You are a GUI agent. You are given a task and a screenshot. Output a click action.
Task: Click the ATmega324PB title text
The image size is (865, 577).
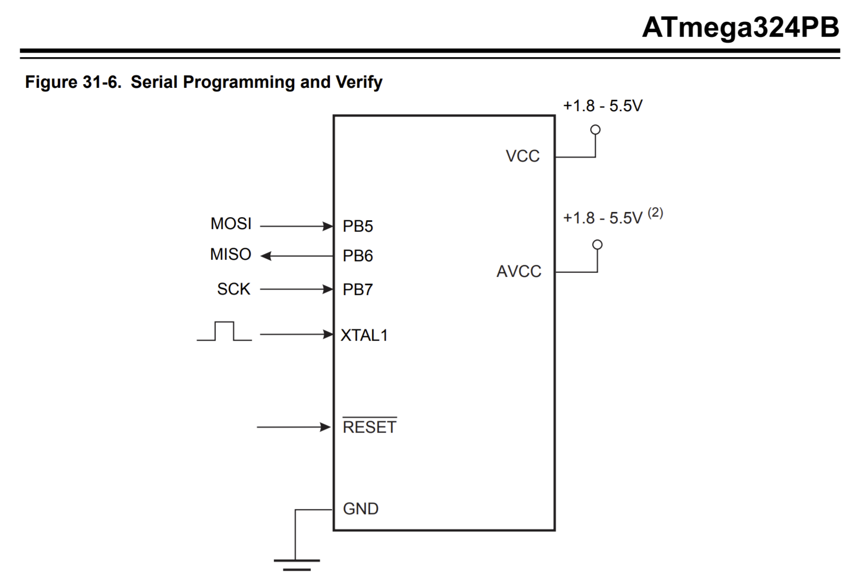click(740, 27)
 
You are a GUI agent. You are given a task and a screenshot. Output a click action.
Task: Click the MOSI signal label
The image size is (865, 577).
click(231, 224)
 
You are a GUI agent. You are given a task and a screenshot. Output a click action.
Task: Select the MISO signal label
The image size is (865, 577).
click(231, 254)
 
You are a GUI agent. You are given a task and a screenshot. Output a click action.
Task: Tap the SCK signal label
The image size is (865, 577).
click(233, 289)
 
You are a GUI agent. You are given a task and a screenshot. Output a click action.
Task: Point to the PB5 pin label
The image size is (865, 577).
click(357, 226)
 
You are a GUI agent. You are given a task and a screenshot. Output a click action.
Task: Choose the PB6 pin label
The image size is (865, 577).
click(357, 256)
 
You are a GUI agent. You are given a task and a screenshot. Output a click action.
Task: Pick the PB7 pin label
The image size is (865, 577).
click(357, 290)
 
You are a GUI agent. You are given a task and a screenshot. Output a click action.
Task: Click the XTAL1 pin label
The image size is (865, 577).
click(364, 336)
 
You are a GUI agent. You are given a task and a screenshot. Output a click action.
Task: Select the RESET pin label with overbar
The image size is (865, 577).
click(369, 427)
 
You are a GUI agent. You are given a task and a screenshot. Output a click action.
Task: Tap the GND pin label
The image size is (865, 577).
click(361, 509)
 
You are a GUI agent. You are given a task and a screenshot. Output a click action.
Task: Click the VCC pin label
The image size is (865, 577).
click(522, 156)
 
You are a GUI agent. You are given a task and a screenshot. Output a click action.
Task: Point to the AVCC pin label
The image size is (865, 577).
click(518, 272)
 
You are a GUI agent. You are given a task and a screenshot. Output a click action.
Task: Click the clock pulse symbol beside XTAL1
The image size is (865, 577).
click(224, 331)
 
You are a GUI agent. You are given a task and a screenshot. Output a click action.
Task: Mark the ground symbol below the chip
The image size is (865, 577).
click(297, 564)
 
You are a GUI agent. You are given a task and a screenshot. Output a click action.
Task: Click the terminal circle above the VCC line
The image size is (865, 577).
click(595, 129)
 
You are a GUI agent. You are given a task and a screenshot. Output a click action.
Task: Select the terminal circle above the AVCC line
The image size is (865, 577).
click(597, 244)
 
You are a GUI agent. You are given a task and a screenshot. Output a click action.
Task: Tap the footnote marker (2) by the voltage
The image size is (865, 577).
click(655, 212)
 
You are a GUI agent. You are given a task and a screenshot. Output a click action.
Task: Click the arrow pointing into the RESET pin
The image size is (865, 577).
click(294, 427)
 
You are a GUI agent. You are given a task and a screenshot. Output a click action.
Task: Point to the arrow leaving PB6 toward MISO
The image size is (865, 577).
click(297, 256)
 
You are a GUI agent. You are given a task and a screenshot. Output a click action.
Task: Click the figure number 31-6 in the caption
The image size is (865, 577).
click(101, 82)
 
